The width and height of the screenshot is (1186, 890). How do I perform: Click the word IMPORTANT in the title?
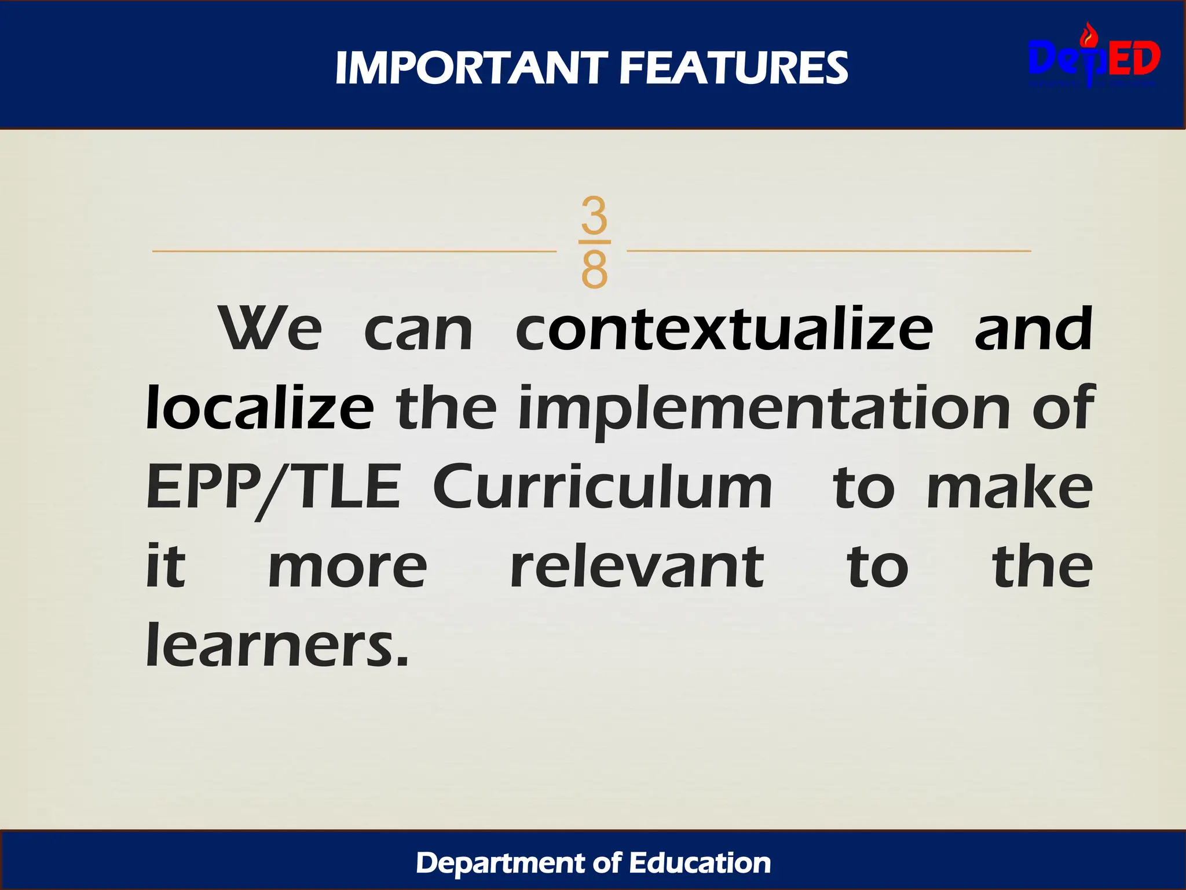click(x=471, y=68)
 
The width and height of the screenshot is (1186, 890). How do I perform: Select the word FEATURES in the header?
click(x=733, y=68)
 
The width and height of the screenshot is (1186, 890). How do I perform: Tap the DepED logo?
click(x=1094, y=58)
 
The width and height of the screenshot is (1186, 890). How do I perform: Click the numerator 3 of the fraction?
click(x=594, y=214)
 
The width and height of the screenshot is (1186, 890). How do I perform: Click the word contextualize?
click(x=724, y=329)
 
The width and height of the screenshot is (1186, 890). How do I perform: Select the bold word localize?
click(x=260, y=408)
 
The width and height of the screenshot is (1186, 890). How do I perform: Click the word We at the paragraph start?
click(x=270, y=329)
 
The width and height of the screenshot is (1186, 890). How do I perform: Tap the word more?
click(x=348, y=568)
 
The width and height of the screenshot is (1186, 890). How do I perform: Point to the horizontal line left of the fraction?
click(x=353, y=251)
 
